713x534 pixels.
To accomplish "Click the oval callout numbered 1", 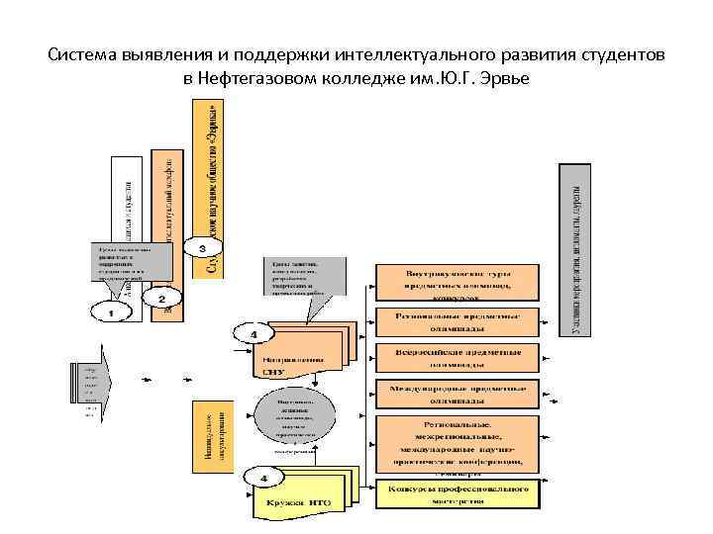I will pos(111,311).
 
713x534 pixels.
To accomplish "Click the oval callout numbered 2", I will pos(161,297).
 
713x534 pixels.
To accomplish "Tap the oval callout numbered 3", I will pos(203,246).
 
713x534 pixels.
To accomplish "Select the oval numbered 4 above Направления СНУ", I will pos(253,335).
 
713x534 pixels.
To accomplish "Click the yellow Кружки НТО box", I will pos(297,500).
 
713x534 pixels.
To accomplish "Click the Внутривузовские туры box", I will pos(457,282).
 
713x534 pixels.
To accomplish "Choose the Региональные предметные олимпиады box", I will pos(457,322).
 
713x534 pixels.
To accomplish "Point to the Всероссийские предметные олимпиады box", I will pos(457,357).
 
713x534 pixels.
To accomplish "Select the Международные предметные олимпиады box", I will pos(457,394).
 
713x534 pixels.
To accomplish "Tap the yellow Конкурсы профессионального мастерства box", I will pos(457,492).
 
